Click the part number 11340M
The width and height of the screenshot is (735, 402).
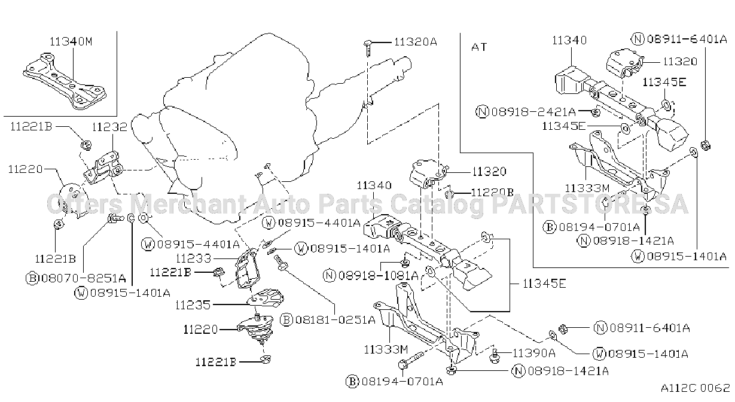[x=71, y=41]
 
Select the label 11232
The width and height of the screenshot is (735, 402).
[x=109, y=127]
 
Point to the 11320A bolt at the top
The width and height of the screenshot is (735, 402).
[x=367, y=48]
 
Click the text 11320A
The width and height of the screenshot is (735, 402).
[x=416, y=42]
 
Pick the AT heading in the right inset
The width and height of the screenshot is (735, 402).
[x=479, y=47]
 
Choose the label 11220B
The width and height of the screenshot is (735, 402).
[x=492, y=192]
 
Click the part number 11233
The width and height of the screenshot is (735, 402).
[x=193, y=258]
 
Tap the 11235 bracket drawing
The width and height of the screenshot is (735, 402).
[x=266, y=298]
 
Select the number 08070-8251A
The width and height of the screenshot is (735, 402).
[x=83, y=278]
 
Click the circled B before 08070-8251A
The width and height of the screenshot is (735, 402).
[x=32, y=279]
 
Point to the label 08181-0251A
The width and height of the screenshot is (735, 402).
[x=336, y=319]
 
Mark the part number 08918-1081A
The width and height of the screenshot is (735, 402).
[x=378, y=275]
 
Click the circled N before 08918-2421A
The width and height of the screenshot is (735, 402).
[x=482, y=112]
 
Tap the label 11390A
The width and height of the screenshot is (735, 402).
[x=534, y=353]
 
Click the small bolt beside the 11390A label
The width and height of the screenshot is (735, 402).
[x=495, y=356]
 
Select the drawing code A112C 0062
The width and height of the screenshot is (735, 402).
[x=696, y=388]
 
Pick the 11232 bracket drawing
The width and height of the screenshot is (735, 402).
[x=103, y=167]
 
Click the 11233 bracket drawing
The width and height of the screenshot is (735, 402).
[x=248, y=269]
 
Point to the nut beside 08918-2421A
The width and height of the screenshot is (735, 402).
[x=596, y=113]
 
